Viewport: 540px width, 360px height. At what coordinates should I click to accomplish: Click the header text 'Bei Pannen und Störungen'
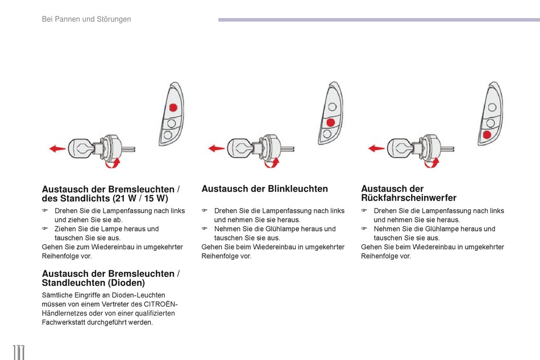coord(86,19)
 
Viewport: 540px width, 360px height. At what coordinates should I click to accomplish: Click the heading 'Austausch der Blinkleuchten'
coord(264,189)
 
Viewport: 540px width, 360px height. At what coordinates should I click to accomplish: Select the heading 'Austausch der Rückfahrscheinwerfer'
coord(409,193)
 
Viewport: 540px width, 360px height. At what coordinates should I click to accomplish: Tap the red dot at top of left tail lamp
coord(173,108)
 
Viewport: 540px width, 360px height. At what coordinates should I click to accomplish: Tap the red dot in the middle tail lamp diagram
coord(330,123)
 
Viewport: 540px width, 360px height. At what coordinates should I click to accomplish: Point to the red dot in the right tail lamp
coord(487,135)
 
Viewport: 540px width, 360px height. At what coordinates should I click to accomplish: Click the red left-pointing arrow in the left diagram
coord(57,149)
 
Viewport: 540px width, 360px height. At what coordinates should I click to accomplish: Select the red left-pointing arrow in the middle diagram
coord(216,149)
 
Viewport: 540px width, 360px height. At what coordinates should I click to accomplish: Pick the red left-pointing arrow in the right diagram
coord(376,149)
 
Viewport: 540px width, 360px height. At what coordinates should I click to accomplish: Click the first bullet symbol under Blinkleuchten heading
coord(203,211)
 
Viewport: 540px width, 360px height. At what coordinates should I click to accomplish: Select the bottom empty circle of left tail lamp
coord(168,135)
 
